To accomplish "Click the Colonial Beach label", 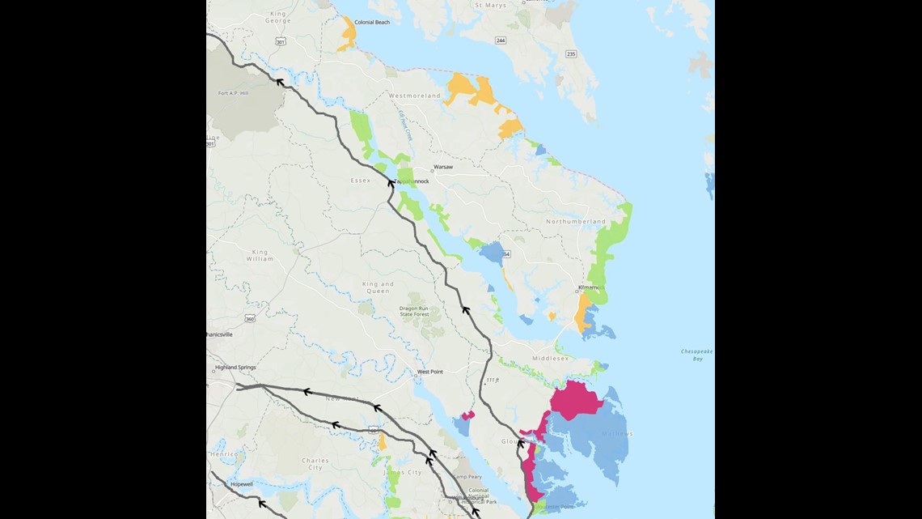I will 372,22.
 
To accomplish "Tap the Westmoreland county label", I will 415,96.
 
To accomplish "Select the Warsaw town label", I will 443,167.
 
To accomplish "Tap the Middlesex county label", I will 550,358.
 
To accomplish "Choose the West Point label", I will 429,372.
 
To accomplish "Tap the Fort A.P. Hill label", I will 235,93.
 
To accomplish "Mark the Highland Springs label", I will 235,367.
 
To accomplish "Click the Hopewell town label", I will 242,483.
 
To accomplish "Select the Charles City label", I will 315,464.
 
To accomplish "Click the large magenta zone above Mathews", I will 575,401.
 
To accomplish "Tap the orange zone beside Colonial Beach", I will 348,33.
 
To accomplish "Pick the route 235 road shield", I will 571,53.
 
